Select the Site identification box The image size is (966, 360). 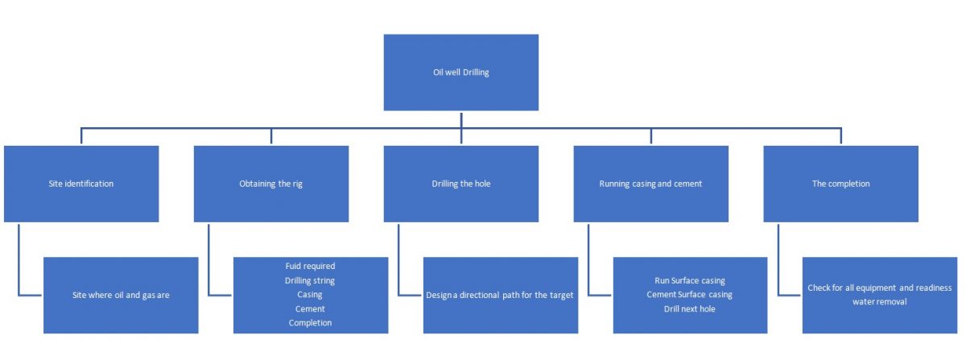click(x=80, y=184)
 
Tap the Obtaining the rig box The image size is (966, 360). click(x=270, y=184)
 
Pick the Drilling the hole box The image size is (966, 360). click(x=460, y=184)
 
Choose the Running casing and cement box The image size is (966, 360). click(x=650, y=184)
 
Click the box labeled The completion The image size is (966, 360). click(x=840, y=184)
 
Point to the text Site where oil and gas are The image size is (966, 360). click(x=120, y=295)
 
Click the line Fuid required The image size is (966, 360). click(x=310, y=266)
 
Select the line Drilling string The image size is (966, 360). click(x=310, y=280)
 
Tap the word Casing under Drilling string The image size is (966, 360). click(x=310, y=295)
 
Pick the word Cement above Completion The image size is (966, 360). click(x=310, y=309)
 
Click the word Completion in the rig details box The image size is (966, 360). click(x=310, y=323)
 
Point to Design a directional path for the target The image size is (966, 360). click(x=500, y=295)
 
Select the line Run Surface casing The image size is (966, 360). click(x=690, y=280)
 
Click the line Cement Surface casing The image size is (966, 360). click(x=690, y=295)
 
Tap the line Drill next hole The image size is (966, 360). click(x=690, y=309)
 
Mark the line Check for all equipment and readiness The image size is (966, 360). click(x=880, y=288)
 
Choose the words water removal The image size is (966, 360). click(x=880, y=302)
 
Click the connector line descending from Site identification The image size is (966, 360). click(x=19, y=258)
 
